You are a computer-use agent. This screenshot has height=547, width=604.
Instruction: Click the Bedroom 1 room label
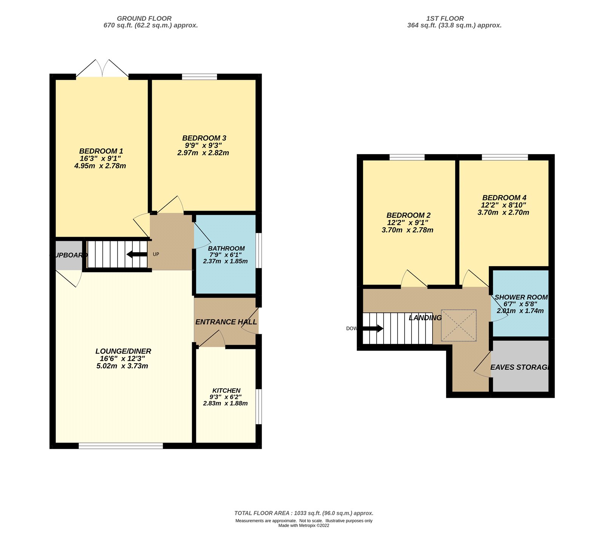pyautogui.click(x=101, y=151)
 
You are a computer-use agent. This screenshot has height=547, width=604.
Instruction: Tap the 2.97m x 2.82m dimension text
pyautogui.click(x=203, y=153)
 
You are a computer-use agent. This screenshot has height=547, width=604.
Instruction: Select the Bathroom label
pyautogui.click(x=226, y=248)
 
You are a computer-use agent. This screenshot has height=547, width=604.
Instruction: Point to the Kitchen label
pyautogui.click(x=226, y=390)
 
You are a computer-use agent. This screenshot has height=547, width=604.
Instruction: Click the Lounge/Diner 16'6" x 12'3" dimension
pyautogui.click(x=122, y=358)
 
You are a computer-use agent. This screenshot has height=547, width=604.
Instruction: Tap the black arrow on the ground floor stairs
pyautogui.click(x=137, y=254)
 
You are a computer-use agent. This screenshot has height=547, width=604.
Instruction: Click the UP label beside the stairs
pyautogui.click(x=156, y=254)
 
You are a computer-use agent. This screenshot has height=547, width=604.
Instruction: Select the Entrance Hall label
pyautogui.click(x=226, y=322)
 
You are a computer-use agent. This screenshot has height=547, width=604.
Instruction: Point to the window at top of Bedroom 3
pyautogui.click(x=199, y=77)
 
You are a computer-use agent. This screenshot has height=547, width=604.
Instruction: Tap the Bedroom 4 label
pyautogui.click(x=504, y=198)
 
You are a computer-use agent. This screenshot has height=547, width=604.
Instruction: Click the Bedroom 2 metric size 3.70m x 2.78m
pyautogui.click(x=407, y=230)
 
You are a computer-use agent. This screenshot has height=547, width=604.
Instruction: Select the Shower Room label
pyautogui.click(x=521, y=298)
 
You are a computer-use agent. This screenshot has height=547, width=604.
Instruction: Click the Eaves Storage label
pyautogui.click(x=519, y=367)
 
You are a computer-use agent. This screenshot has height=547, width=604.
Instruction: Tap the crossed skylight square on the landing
pyautogui.click(x=459, y=325)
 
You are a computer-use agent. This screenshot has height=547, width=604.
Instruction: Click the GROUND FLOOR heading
pyautogui.click(x=144, y=18)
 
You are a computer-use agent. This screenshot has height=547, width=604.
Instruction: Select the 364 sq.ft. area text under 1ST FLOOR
pyautogui.click(x=454, y=25)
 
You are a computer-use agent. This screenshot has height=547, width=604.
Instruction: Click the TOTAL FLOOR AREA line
pyautogui.click(x=304, y=513)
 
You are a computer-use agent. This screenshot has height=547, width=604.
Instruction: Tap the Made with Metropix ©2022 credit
pyautogui.click(x=304, y=525)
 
